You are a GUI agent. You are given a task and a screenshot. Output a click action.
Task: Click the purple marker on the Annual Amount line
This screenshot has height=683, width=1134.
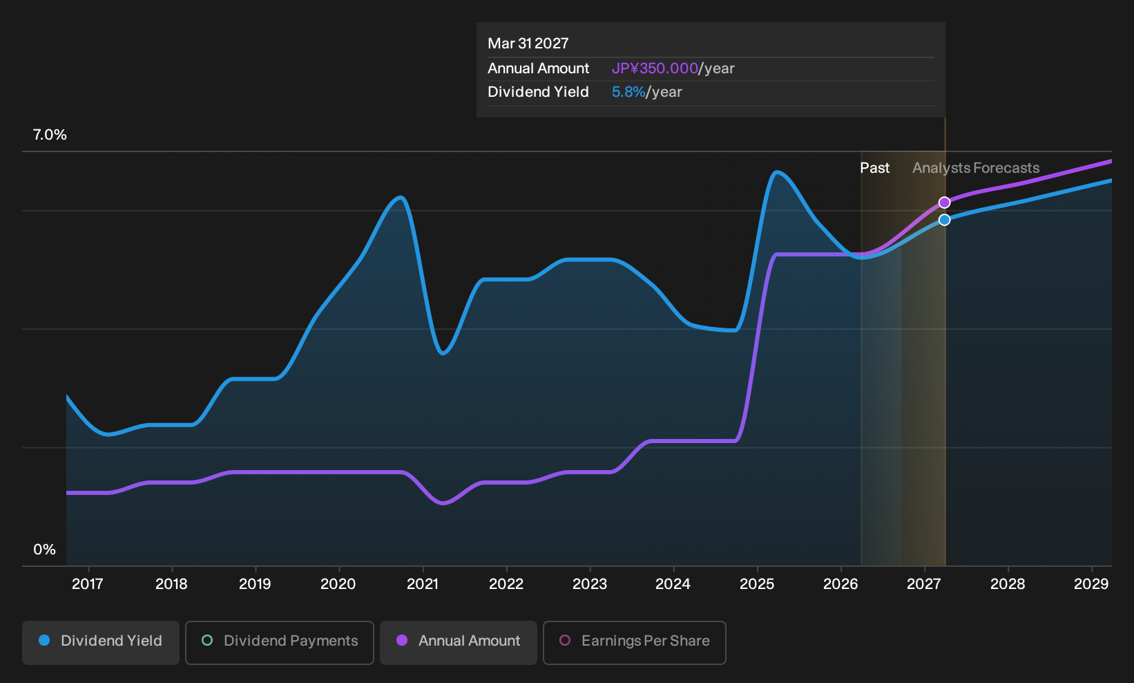click(944, 203)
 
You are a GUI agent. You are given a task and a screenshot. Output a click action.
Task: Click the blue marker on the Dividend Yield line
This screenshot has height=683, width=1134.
click(944, 220)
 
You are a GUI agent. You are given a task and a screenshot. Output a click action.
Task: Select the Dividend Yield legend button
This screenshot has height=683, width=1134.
click(101, 642)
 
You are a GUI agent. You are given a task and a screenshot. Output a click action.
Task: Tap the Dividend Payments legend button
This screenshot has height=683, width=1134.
click(280, 642)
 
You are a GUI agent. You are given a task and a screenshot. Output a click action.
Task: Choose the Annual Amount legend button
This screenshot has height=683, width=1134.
click(458, 642)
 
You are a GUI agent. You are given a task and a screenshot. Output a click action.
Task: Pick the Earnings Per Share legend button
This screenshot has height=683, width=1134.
click(634, 642)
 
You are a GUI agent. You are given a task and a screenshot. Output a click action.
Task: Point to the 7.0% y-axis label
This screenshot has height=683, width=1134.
click(50, 135)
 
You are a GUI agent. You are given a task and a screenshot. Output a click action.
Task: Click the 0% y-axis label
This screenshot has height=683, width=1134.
click(45, 550)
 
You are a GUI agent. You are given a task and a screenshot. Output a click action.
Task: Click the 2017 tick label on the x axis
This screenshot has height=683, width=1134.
click(88, 584)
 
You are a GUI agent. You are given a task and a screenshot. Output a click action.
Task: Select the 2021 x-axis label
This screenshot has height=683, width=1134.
click(422, 584)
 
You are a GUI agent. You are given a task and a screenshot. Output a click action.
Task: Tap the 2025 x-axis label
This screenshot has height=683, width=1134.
click(757, 584)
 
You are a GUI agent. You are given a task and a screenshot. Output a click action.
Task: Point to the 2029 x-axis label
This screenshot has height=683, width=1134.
click(1091, 584)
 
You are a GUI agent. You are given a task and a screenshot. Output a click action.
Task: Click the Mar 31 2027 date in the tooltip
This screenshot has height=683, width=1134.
click(528, 44)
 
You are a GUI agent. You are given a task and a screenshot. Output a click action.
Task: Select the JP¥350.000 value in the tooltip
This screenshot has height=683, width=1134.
click(655, 68)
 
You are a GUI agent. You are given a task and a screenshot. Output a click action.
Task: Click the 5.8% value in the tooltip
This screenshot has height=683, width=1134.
click(628, 92)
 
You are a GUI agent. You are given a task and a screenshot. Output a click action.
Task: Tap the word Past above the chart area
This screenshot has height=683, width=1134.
click(875, 168)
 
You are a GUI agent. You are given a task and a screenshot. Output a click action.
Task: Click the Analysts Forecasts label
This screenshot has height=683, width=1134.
click(976, 168)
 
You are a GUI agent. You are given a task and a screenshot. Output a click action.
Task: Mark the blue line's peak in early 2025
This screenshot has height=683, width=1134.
click(776, 173)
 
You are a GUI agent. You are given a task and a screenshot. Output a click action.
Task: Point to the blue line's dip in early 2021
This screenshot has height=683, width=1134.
click(443, 353)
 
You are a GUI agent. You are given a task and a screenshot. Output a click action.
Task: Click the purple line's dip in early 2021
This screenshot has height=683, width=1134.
click(443, 503)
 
